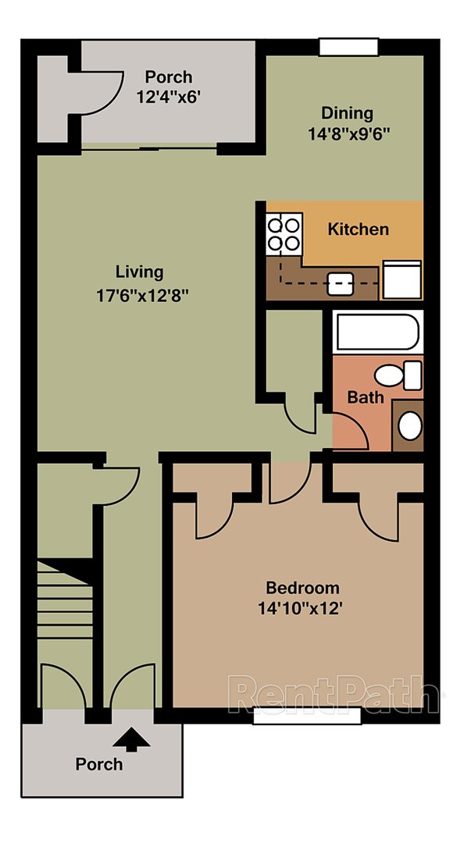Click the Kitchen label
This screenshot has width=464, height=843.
(x=358, y=229)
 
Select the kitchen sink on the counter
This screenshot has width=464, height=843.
(x=341, y=283)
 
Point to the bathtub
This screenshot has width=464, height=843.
(x=377, y=332)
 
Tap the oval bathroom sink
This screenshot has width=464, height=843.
(x=409, y=426)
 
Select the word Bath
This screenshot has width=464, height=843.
(x=365, y=397)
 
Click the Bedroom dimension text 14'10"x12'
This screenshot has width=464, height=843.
(x=303, y=608)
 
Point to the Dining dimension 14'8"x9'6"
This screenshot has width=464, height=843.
(x=349, y=133)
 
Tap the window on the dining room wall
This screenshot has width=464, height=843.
(x=348, y=47)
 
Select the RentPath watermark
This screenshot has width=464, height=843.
(x=335, y=693)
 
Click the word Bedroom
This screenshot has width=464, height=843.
(x=303, y=588)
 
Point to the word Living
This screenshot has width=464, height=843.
(x=140, y=272)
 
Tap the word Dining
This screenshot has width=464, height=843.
(x=348, y=113)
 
